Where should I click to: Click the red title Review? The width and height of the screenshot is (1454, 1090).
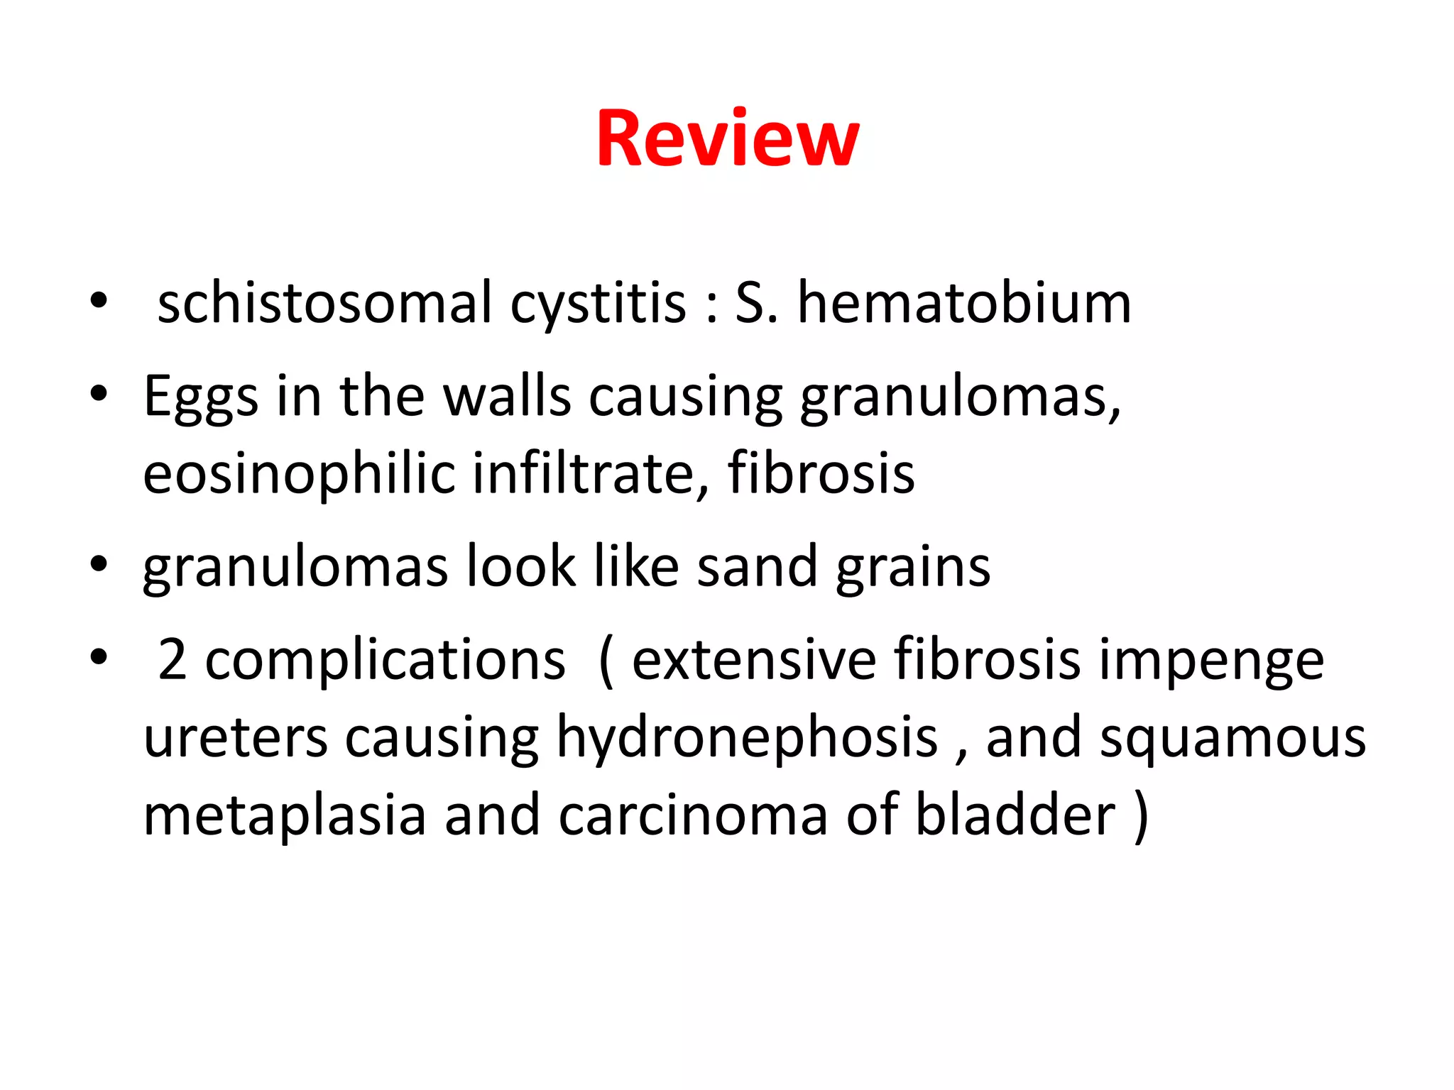pyautogui.click(x=728, y=139)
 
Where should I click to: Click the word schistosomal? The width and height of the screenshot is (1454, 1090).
pyautogui.click(x=324, y=304)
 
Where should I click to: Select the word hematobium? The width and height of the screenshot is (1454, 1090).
pyautogui.click(x=964, y=304)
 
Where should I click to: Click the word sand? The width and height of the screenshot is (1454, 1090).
pyautogui.click(x=757, y=568)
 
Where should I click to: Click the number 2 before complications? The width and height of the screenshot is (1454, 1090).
pyautogui.click(x=173, y=660)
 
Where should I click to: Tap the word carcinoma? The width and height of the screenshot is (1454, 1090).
pyautogui.click(x=693, y=816)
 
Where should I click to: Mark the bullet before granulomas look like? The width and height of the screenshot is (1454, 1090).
pyautogui.click(x=99, y=566)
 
